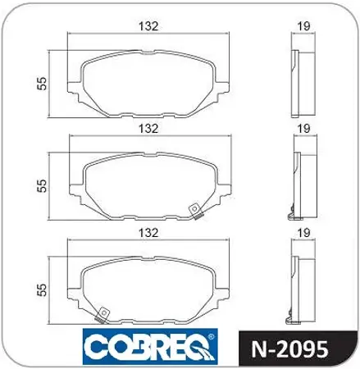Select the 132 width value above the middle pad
[148, 129]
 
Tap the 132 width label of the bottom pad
[148, 232]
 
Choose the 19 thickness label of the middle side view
[303, 129]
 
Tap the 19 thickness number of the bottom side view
[303, 232]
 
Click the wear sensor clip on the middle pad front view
[195, 212]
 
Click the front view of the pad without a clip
[148, 83]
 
